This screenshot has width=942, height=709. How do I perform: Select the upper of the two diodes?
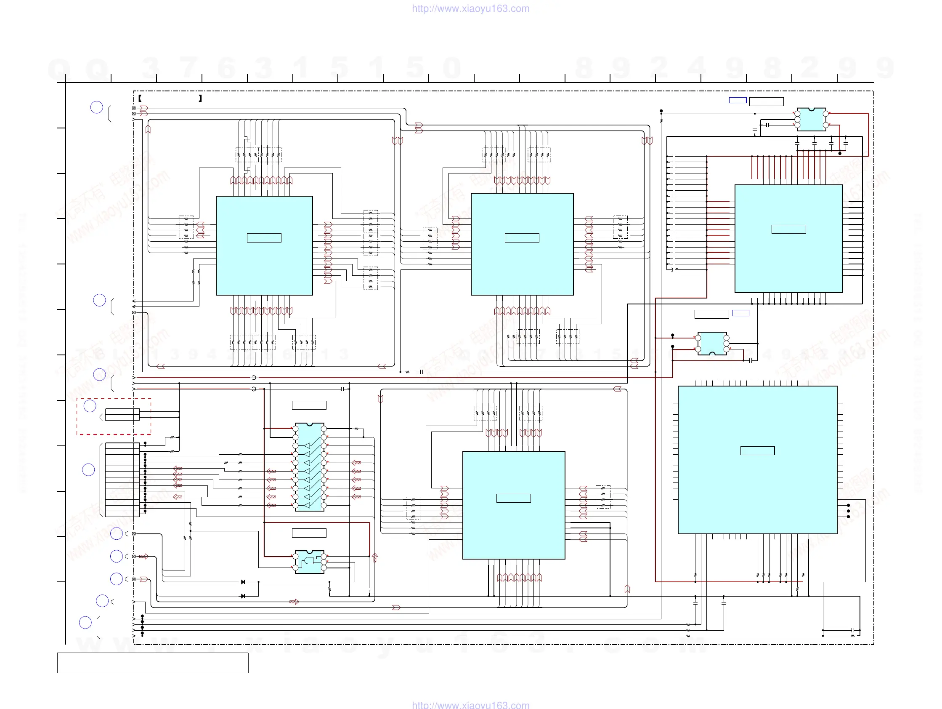coord(243,582)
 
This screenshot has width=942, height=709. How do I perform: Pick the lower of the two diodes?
coord(243,596)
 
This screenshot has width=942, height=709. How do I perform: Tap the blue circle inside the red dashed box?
coord(90,406)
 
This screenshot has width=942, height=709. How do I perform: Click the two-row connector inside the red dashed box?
coord(122,415)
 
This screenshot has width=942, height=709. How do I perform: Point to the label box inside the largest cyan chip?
coord(757,451)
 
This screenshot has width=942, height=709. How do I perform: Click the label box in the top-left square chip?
coord(264,238)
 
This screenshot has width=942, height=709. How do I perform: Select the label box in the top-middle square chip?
coord(522,238)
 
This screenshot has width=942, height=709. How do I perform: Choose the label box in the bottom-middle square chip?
coord(513,498)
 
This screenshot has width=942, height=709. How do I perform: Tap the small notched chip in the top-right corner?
coord(811,119)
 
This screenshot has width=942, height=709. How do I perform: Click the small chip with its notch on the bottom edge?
coord(712,344)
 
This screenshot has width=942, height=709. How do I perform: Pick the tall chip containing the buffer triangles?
coord(310,467)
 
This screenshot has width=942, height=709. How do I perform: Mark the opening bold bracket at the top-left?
coord(140,99)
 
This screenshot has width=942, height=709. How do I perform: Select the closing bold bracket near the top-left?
coord(200,99)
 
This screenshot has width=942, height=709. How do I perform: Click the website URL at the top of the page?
coord(470,8)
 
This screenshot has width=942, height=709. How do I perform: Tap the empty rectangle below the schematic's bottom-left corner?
coord(153,663)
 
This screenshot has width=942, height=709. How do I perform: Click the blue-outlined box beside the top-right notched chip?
coord(738,101)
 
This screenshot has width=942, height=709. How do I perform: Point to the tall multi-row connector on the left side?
coord(122,480)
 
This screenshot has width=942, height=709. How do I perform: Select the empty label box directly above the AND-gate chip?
coord(309,533)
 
